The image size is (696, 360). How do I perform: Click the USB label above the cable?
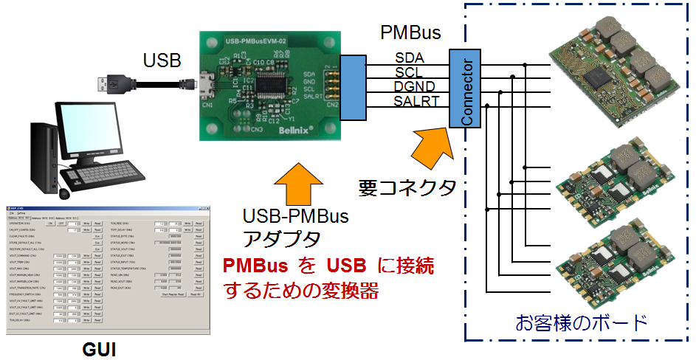point(162,60)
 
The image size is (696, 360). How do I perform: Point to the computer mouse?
point(64,193)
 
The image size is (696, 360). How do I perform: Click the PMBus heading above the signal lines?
point(410,33)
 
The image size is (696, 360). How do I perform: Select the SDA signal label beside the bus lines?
point(409,58)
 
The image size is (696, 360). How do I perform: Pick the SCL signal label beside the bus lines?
point(409,72)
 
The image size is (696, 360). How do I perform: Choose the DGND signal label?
point(413,86)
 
